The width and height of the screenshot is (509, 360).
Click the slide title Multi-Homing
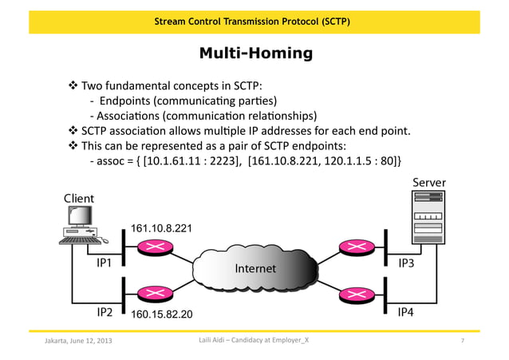[x=254, y=54]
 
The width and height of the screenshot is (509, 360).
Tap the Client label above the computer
[x=78, y=198]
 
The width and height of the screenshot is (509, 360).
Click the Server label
[x=428, y=183]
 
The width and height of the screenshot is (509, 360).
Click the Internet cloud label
[x=255, y=268]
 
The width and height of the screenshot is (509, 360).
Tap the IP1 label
[x=105, y=261]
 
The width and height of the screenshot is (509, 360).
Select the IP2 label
[x=105, y=313]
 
